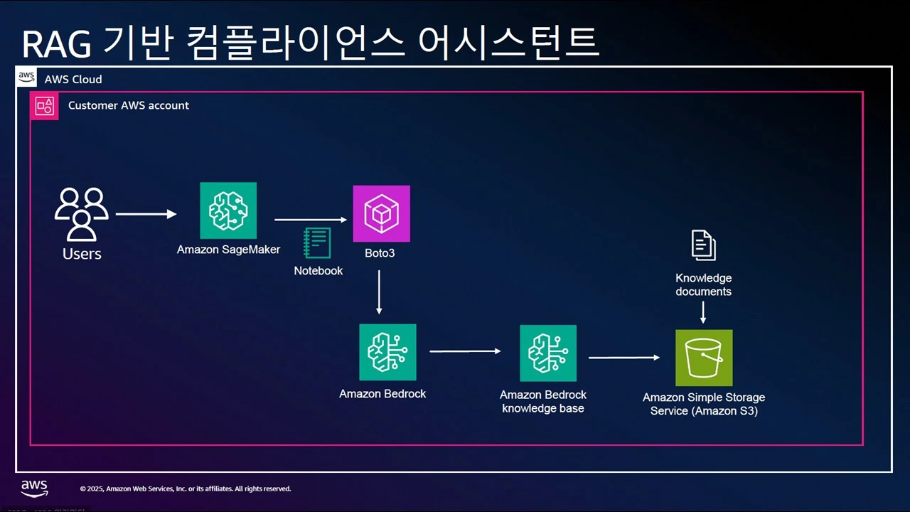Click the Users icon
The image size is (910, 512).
(x=82, y=213)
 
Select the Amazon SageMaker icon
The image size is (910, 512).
(x=228, y=210)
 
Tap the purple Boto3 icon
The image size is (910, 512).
(x=382, y=213)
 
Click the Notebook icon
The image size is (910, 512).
(x=317, y=242)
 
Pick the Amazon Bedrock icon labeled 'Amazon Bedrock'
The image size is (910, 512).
(x=387, y=352)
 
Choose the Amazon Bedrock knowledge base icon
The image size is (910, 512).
(x=548, y=353)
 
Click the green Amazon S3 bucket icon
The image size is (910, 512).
(x=704, y=358)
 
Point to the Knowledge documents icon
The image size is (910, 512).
(x=704, y=245)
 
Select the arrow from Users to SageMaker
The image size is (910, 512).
(x=146, y=213)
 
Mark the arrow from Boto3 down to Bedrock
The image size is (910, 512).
(x=379, y=292)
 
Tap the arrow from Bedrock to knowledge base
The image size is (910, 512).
(x=466, y=351)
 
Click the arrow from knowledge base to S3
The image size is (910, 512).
(x=624, y=358)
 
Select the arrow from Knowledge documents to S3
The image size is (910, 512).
(x=703, y=312)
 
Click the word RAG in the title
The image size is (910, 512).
(x=56, y=44)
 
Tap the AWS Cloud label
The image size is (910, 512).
(x=73, y=79)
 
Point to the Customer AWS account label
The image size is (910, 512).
(x=129, y=105)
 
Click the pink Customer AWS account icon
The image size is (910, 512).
(x=44, y=106)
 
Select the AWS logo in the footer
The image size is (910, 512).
(x=34, y=488)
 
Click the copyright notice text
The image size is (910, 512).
(x=186, y=489)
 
